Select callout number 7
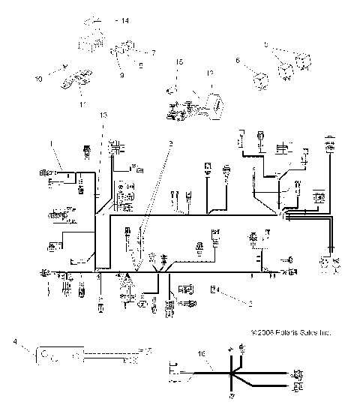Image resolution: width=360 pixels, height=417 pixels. pos(152,53)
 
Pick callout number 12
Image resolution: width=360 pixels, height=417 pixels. pos(210,73)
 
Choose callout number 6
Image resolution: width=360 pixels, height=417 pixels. pos(238,60)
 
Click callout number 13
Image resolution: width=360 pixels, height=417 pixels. pos(103,113)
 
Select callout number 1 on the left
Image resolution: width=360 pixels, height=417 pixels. pos(51,143)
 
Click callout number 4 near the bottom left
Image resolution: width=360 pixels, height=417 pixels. pos(16,342)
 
